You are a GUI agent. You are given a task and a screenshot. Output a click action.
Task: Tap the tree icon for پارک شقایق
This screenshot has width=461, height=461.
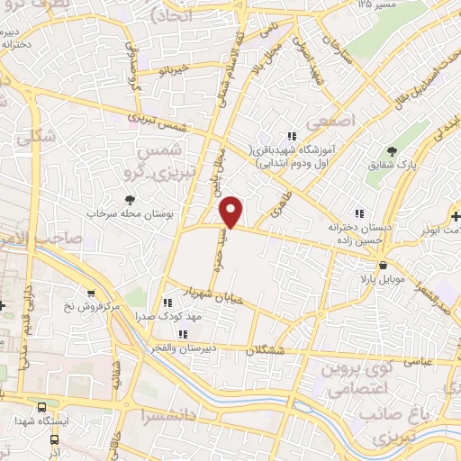click(390, 151)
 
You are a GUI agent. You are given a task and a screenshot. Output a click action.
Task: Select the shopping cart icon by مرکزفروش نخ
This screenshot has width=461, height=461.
click(91, 293)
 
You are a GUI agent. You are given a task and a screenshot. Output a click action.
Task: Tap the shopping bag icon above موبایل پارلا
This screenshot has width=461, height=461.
click(384, 266)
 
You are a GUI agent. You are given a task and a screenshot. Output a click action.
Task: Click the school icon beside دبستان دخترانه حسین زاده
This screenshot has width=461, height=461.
click(358, 213)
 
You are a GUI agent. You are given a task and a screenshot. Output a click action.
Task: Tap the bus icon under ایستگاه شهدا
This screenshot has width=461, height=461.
click(54, 439)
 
